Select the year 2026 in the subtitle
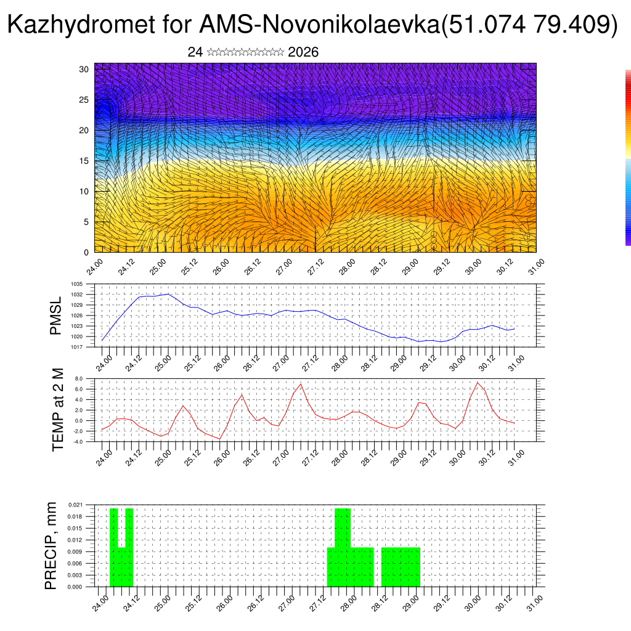[x=303, y=52]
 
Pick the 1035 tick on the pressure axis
[x=76, y=284]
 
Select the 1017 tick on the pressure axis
[x=76, y=347]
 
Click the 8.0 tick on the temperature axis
[x=78, y=378]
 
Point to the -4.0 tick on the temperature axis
[x=78, y=441]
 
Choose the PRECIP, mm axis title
[x=51, y=546]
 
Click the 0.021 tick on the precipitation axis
[x=76, y=505]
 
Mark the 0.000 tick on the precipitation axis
[x=76, y=587]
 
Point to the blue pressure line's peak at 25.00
[x=168, y=294]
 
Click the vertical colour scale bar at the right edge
[x=628, y=158]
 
